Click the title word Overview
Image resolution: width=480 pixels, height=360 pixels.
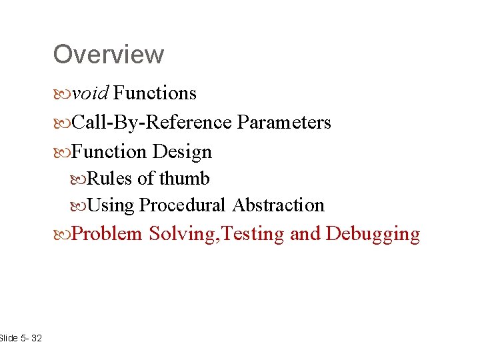(x=108, y=54)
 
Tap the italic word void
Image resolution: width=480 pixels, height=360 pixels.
(x=90, y=93)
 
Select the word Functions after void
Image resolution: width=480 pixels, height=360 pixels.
(x=155, y=93)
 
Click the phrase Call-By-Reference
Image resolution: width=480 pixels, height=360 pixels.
(x=151, y=123)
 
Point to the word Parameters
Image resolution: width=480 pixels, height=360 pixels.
(x=284, y=123)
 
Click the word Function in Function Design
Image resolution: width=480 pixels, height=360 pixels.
(x=109, y=152)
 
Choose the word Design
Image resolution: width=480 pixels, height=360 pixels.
(x=182, y=152)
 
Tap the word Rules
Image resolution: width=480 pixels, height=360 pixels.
(x=109, y=179)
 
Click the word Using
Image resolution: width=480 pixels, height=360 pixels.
(x=111, y=205)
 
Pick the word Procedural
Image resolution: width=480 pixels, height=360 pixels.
(x=183, y=205)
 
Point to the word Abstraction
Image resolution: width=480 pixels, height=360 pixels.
(x=278, y=205)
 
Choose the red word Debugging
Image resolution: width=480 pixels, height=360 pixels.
(x=373, y=234)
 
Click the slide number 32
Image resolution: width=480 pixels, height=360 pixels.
(x=36, y=339)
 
